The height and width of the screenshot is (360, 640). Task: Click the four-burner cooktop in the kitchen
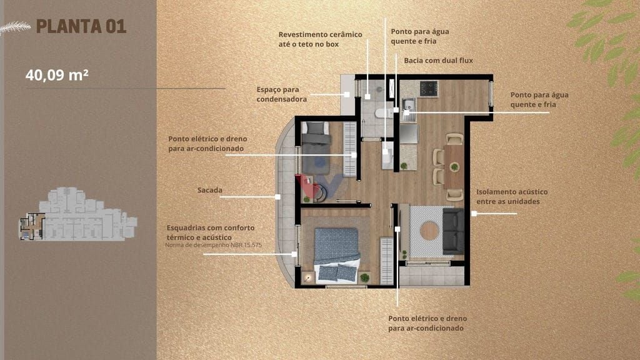pos(429,89)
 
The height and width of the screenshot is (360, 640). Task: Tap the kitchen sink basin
pos(409,105)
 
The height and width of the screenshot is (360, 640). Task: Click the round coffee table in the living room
pos(429,231)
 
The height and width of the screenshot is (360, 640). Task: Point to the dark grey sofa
pos(453,231)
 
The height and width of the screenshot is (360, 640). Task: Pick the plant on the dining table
pos(454,166)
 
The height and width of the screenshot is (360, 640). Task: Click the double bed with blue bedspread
pos(337,255)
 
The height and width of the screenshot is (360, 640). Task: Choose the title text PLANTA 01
pos(81,26)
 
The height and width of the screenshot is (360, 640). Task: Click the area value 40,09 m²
pos(57,75)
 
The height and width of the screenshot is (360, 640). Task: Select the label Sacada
pos(210,190)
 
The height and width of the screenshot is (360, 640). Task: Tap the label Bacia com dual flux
pos(438,61)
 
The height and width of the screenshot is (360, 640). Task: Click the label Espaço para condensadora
pos(282,94)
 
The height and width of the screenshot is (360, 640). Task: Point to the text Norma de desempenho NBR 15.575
pos(214,245)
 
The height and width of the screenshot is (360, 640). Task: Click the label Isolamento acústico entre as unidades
pos(512,197)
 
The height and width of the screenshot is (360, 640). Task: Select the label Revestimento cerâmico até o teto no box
pos(321,39)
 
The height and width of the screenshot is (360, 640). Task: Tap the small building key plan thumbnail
pos(77,214)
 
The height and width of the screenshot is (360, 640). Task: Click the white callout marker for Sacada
pos(277,197)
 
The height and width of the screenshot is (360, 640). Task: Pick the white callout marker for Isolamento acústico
pos(474,214)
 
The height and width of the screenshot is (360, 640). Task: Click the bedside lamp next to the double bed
pos(307,278)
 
